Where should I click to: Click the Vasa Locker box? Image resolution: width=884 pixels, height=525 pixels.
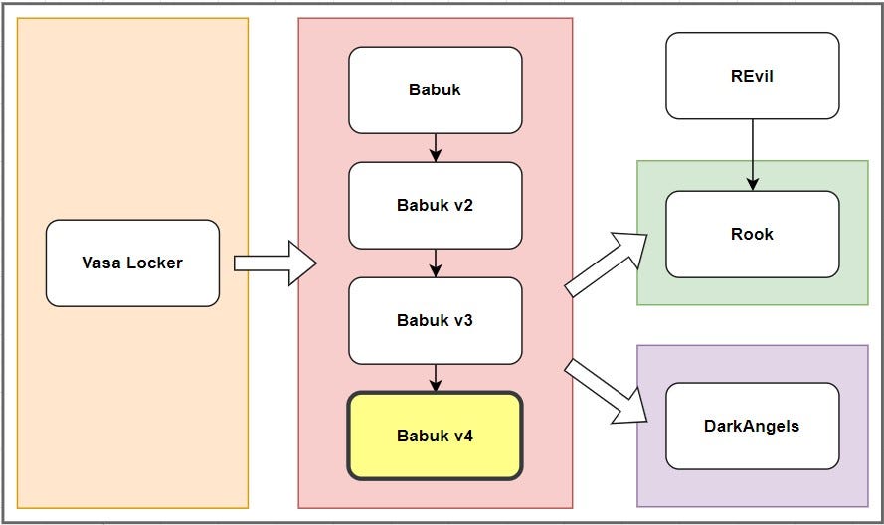(132, 263)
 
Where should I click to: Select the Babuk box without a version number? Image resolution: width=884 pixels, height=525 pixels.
(435, 90)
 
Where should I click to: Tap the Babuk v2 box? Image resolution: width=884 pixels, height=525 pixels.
(435, 206)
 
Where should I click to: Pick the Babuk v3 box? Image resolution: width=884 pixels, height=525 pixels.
(435, 320)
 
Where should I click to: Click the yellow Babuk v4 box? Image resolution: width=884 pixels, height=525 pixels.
(435, 436)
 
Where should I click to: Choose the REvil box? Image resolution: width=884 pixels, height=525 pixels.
(752, 76)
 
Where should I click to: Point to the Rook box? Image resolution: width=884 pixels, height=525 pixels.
(752, 235)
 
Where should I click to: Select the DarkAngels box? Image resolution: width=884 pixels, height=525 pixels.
(752, 426)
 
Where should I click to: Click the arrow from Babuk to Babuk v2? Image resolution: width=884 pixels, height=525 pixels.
(435, 147)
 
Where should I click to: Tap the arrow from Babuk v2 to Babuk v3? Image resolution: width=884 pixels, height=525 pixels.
(435, 262)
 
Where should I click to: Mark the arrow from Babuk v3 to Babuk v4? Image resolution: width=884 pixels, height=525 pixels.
(435, 378)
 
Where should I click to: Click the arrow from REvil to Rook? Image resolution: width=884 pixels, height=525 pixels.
(753, 154)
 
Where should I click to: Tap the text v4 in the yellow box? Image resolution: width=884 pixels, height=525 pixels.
(463, 436)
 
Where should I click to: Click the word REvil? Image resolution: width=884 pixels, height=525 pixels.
(752, 76)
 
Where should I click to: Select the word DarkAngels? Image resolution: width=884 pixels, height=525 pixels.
(752, 426)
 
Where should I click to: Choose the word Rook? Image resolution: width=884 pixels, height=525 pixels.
(752, 235)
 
